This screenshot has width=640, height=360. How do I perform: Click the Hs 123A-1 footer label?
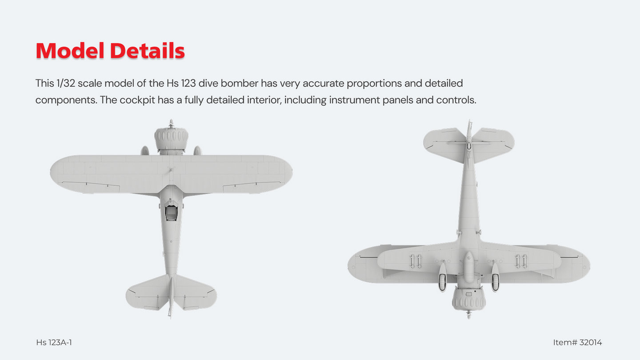(54, 342)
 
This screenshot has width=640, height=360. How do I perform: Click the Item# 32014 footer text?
(577, 342)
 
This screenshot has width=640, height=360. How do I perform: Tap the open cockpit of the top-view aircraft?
(171, 213)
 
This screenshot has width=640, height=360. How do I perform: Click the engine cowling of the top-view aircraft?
(171, 140)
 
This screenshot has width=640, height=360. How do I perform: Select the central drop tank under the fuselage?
(468, 267)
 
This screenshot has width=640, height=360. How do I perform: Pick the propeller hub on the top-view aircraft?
(171, 124)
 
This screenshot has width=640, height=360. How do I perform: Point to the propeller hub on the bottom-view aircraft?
(469, 315)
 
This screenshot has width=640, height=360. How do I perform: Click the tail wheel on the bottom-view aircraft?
(469, 146)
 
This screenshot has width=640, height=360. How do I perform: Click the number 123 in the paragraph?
(188, 84)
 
